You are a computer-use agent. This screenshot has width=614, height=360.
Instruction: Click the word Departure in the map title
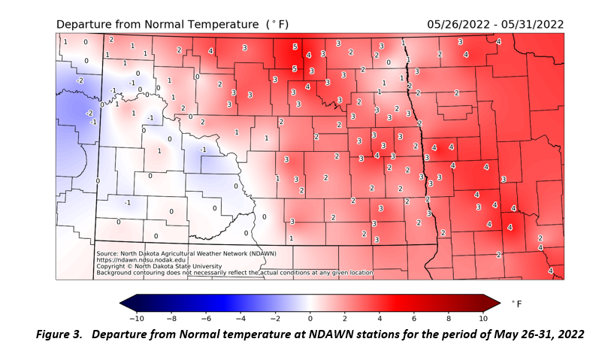[x=85, y=24]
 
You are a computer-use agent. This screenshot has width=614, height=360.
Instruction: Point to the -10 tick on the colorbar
[x=137, y=318]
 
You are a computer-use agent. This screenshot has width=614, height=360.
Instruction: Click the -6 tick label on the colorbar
[x=206, y=318]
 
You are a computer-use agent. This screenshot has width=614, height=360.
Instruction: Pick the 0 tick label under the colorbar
[x=310, y=318]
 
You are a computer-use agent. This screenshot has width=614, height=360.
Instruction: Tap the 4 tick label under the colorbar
[x=380, y=318]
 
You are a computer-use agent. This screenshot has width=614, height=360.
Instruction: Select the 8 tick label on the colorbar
[x=449, y=318]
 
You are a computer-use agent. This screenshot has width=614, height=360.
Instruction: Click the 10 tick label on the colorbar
[x=483, y=318]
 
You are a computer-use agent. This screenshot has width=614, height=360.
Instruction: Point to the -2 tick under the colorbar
[x=275, y=318]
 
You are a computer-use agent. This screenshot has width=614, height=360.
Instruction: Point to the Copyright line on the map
[x=159, y=266]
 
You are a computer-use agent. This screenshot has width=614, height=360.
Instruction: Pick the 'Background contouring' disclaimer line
[x=234, y=272]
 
